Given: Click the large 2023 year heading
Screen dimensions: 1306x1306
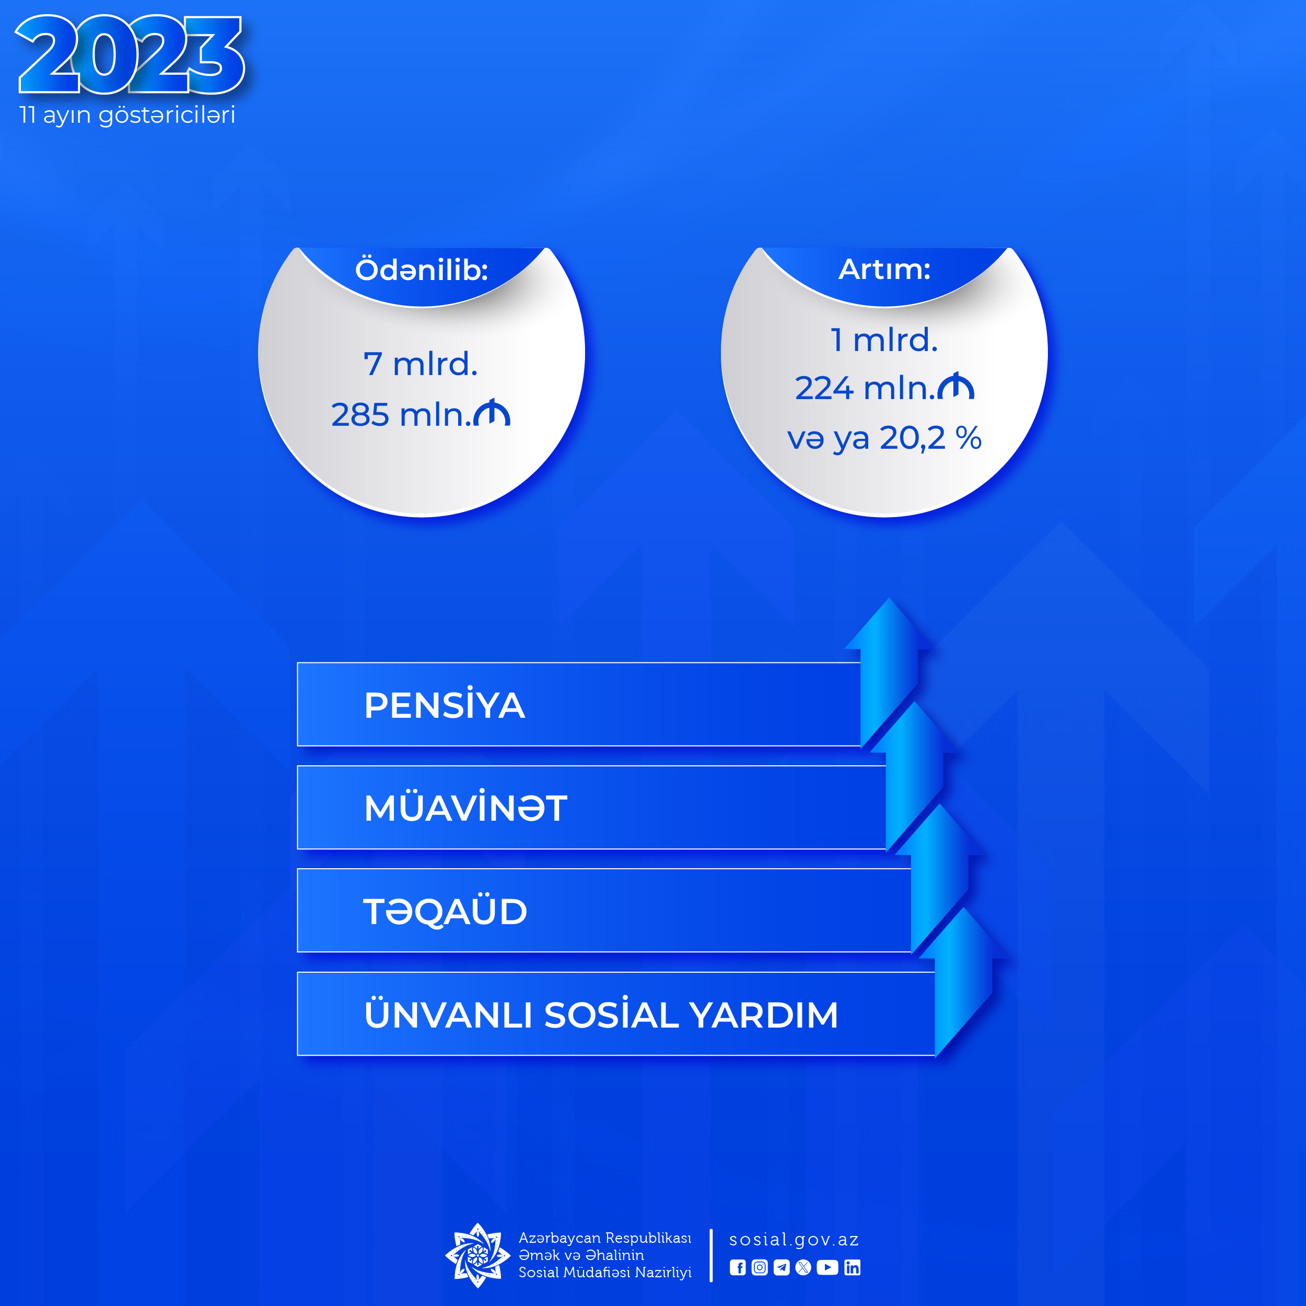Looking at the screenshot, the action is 130,54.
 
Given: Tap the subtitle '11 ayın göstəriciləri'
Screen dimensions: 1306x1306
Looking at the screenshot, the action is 127,115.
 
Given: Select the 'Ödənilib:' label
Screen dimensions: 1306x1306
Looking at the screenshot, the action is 421,270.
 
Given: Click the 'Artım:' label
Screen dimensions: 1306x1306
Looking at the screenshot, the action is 884,270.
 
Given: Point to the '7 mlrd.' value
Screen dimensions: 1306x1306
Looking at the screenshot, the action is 421,364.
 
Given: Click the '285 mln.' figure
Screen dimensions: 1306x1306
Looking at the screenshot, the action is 401,414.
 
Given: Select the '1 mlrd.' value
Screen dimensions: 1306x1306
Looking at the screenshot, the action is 884,340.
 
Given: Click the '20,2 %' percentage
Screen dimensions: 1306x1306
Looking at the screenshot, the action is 930,438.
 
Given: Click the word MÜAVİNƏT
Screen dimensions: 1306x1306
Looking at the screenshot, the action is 465,807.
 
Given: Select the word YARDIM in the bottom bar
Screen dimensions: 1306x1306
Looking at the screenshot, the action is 763,1015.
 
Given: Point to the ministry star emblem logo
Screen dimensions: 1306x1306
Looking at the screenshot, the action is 478,1255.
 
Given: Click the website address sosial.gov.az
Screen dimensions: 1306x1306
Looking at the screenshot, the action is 794,1240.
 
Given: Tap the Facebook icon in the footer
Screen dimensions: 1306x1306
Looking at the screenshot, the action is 738,1267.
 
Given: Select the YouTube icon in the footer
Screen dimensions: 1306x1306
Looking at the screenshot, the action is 827,1267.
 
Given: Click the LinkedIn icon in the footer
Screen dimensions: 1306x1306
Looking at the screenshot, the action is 853,1267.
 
